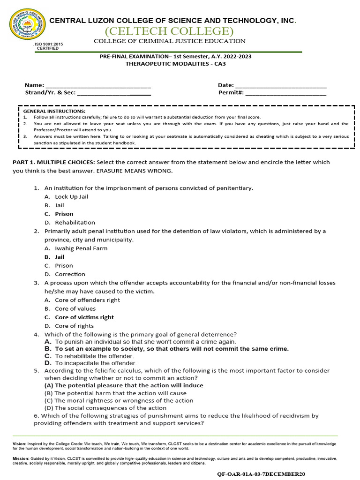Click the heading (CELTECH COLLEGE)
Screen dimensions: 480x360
tap(169, 31)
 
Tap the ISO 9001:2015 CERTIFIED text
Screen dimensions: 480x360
tap(48, 46)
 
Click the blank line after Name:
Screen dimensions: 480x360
tap(98, 85)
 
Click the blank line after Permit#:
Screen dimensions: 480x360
tap(285, 93)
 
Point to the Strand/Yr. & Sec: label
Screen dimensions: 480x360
tap(50, 93)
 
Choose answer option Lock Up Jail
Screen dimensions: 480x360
tap(71, 197)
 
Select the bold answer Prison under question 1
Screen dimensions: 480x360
tap(64, 214)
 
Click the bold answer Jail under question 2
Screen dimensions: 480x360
tap(60, 257)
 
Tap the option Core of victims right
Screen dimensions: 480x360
tap(84, 317)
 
